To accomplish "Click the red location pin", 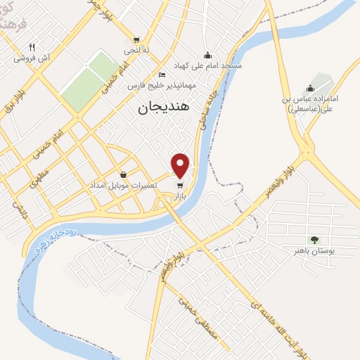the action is tap(181, 164).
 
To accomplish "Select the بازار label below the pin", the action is tap(182, 198).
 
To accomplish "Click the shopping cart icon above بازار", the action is tap(181, 186).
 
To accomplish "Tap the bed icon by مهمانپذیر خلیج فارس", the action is tap(162, 75).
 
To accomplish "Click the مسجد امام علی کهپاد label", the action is tap(212, 65).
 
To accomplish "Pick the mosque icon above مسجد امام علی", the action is tap(207, 55).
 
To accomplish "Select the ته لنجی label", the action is tap(136, 51).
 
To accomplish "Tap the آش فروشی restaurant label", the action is tap(31, 58).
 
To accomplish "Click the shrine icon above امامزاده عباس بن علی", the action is tap(310, 88).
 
